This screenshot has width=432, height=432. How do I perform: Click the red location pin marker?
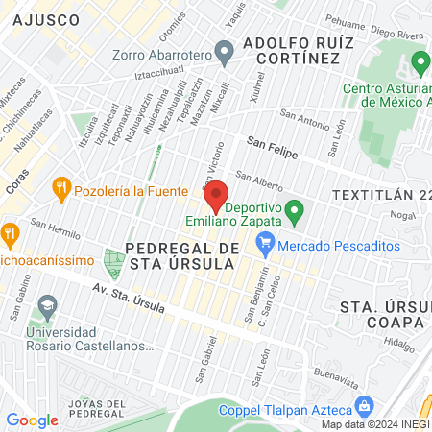tap(216, 195)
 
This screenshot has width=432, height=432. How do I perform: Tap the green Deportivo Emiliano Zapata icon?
tap(296, 209)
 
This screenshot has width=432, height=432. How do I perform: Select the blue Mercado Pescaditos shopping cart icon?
tap(266, 245)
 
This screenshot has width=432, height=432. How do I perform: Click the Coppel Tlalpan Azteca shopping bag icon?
tap(363, 406)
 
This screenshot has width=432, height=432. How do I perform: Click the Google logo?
tap(32, 420)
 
